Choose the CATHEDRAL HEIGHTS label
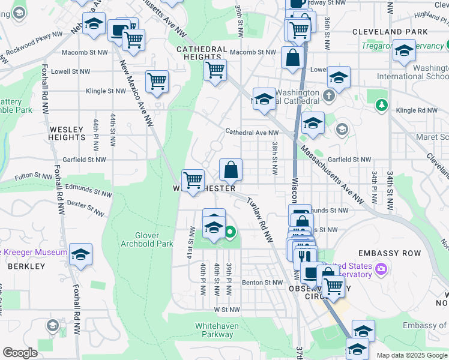point(201,53)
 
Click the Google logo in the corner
point(20,353)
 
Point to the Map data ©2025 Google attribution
point(412,355)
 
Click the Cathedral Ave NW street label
point(252,133)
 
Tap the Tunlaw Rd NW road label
point(259,221)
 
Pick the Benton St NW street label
point(262,283)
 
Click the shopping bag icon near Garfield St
point(231,170)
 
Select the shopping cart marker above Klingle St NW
point(157,81)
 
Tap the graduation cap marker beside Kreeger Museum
point(80,254)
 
